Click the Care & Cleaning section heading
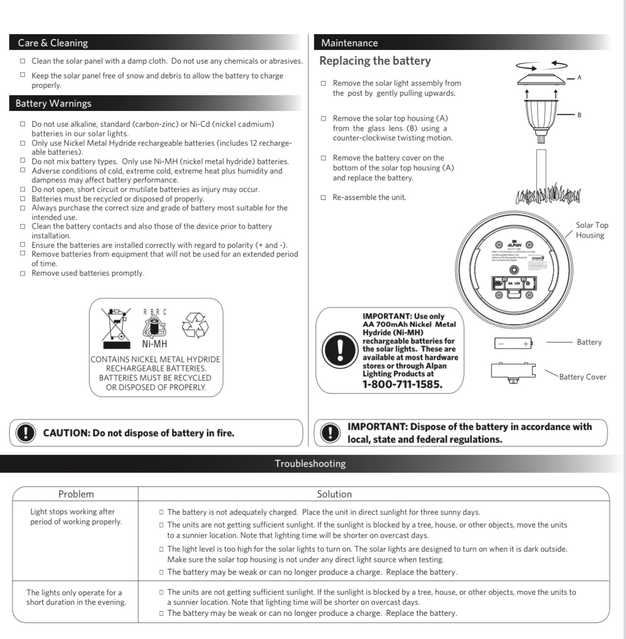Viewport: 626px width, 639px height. [53, 43]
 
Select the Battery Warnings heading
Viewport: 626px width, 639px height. [53, 104]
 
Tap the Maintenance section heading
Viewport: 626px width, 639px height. [350, 43]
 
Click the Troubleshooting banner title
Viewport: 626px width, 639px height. [310, 463]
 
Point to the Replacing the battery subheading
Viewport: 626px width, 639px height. [375, 61]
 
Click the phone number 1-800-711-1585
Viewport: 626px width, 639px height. [402, 384]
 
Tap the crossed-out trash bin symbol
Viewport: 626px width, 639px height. [117, 328]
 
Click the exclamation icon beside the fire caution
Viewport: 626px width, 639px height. [25, 433]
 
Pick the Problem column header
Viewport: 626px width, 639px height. [76, 494]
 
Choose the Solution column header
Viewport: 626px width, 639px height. [334, 494]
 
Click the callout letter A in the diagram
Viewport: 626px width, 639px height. [579, 77]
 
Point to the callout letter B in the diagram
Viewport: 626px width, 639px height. [579, 115]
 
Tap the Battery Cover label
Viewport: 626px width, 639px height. [582, 377]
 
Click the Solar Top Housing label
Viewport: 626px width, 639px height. [591, 230]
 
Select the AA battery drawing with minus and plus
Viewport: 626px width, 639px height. [513, 343]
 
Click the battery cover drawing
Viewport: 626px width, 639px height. [512, 371]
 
